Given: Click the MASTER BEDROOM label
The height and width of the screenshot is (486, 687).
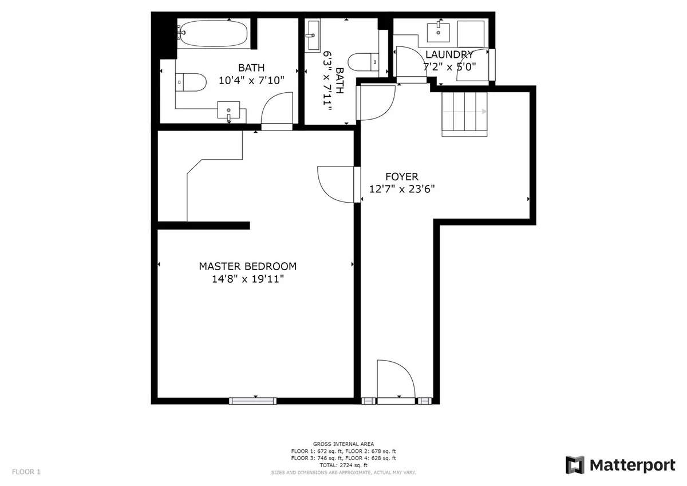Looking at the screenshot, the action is (248, 266).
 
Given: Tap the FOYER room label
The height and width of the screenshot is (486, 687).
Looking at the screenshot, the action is (402, 177).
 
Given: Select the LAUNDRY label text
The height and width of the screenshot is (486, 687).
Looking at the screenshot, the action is (449, 54).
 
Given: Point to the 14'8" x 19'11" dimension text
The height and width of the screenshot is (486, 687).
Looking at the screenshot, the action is (248, 279).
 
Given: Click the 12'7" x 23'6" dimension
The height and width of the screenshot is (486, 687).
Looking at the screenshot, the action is (402, 189).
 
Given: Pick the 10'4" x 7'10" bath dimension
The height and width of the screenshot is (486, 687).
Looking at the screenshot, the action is (251, 80).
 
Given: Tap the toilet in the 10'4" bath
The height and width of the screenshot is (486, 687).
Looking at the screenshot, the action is (191, 82).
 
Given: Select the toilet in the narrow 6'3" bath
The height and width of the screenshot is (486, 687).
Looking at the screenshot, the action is (364, 62).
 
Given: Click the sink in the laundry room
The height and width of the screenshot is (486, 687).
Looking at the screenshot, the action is (439, 32).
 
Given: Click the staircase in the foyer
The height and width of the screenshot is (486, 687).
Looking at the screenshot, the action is (464, 114).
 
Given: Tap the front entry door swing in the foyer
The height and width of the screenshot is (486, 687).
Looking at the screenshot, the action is (396, 379).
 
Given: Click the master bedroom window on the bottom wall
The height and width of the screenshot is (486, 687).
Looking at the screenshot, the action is (252, 401).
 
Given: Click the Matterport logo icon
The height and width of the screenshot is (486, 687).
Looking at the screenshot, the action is (575, 465).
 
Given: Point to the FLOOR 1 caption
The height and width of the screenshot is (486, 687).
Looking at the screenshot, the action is (26, 472).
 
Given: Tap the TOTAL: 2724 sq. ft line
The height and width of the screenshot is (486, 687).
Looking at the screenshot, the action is (343, 465).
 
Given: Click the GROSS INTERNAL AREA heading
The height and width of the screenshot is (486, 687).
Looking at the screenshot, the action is (343, 444).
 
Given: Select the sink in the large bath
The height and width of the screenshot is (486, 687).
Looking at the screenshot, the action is (228, 110).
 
